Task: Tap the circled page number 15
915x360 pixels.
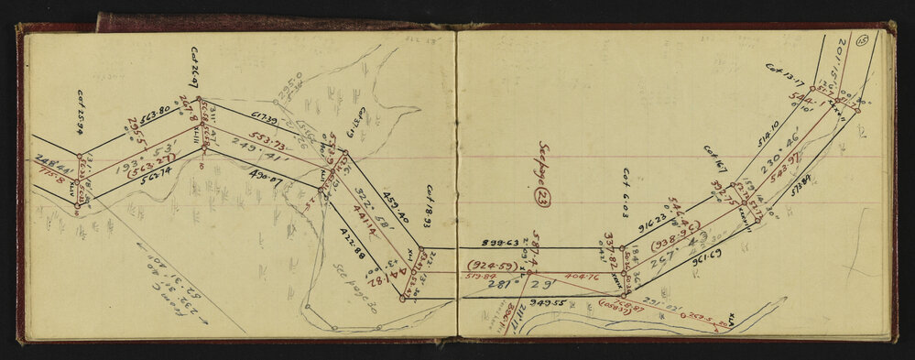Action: [x=861, y=39]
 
